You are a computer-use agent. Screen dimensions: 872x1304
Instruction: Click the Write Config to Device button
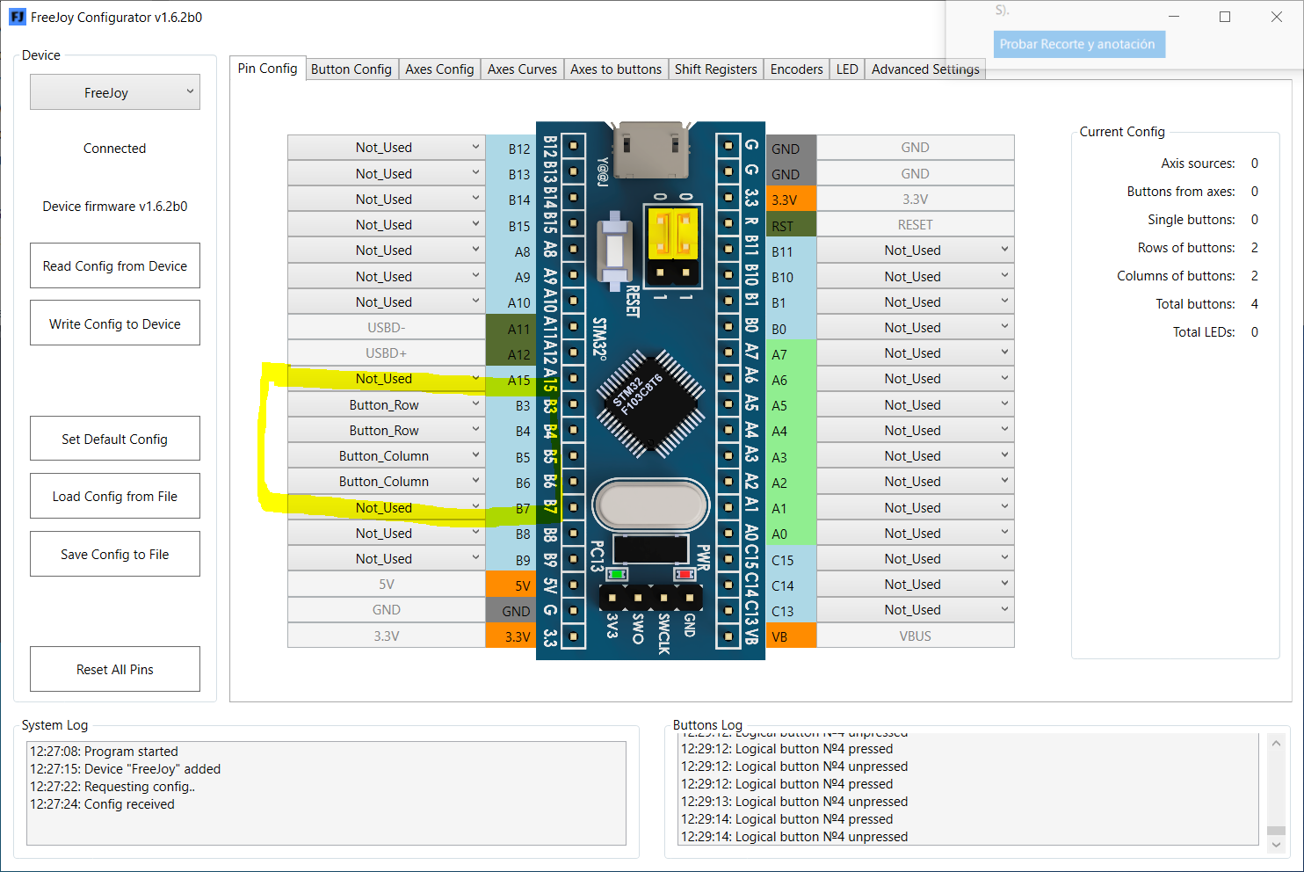[x=115, y=323]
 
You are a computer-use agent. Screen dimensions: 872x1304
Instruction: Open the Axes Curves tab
[x=522, y=69]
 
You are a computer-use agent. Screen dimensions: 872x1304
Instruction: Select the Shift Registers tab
[x=715, y=69]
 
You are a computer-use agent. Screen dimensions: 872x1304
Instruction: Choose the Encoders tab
[x=796, y=69]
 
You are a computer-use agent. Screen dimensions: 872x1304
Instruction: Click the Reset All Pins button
[x=115, y=670]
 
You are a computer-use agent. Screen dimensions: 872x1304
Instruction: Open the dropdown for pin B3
[x=386, y=405]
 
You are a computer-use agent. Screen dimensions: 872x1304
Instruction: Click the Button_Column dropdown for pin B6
[x=386, y=482]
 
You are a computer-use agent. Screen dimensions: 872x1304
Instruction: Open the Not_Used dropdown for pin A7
[x=915, y=353]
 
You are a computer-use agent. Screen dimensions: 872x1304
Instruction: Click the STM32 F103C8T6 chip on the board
[x=651, y=403]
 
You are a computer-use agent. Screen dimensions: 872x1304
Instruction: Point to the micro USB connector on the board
[x=651, y=149]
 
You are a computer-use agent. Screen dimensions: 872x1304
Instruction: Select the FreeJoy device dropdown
[x=115, y=92]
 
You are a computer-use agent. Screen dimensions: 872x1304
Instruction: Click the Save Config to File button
[x=115, y=555]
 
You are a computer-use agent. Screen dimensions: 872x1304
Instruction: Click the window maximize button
[x=1225, y=17]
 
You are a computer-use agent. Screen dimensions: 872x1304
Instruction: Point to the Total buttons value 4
[x=1254, y=304]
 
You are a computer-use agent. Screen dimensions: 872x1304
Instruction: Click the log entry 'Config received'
[x=102, y=804]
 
